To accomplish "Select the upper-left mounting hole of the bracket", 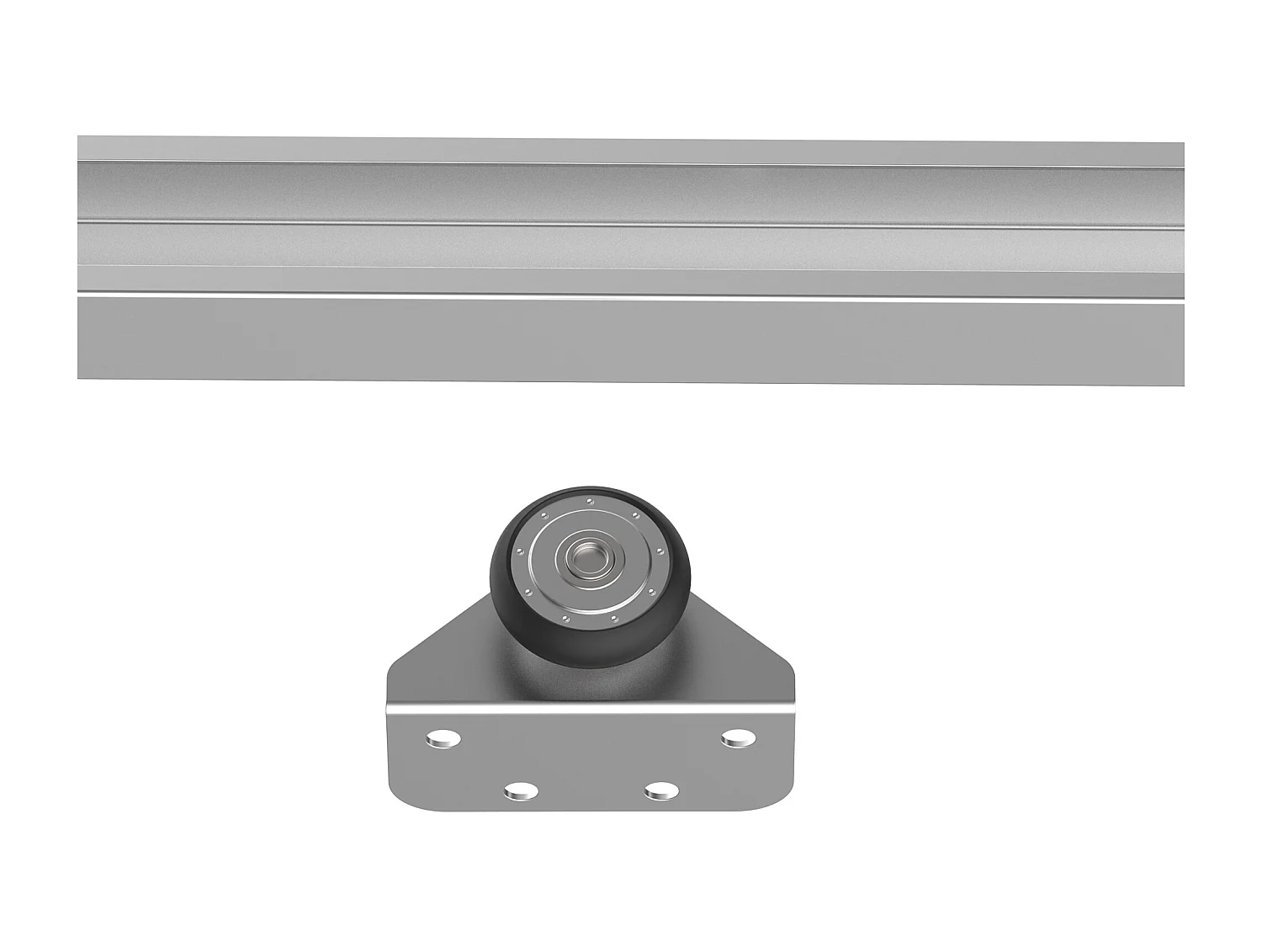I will [443, 739].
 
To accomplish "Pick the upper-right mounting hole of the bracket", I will [737, 738].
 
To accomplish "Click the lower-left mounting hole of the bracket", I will [522, 790].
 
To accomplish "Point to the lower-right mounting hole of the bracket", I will [661, 790].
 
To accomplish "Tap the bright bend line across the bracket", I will [589, 709].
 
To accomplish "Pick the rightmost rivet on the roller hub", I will [660, 551].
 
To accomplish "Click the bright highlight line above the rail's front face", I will [631, 297].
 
